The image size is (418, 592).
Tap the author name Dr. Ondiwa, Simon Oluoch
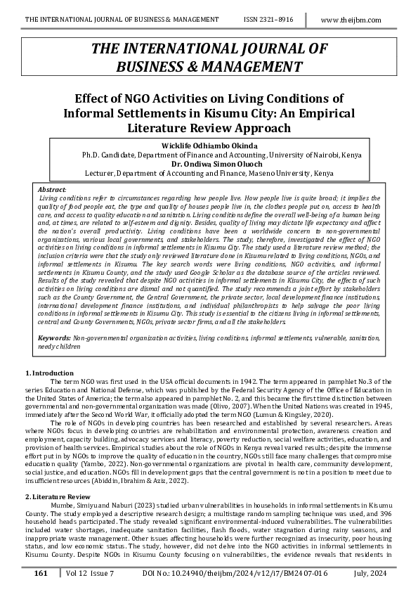[209, 163]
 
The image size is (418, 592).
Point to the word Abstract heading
[51, 190]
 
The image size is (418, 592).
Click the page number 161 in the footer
[41, 574]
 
